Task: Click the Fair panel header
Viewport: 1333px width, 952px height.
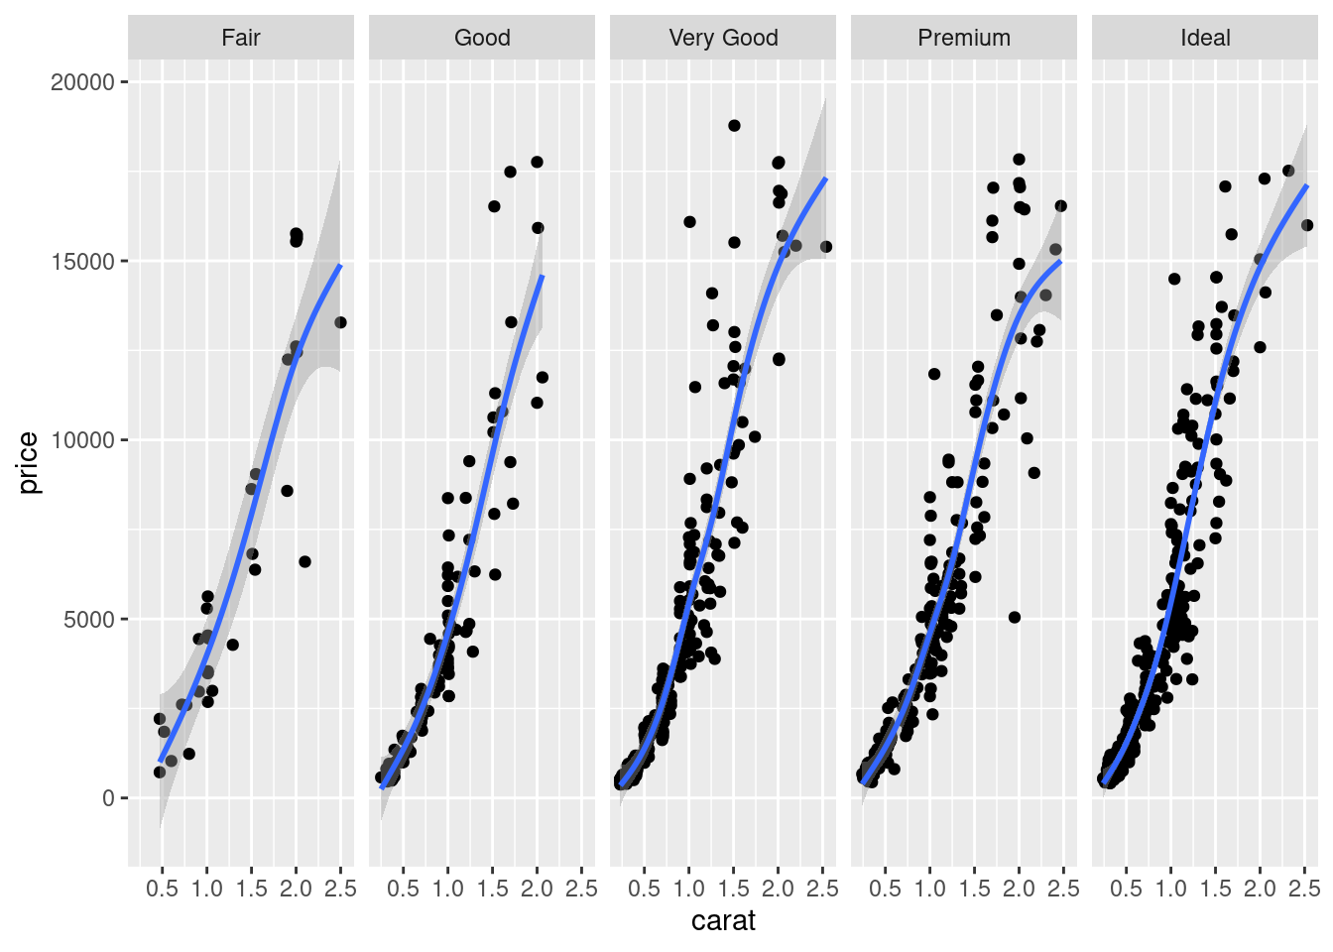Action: [241, 38]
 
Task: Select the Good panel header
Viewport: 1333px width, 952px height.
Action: [482, 38]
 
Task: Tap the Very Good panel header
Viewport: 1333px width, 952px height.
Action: [723, 38]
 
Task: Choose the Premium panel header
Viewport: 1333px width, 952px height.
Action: [964, 38]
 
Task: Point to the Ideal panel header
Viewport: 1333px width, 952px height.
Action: [1205, 38]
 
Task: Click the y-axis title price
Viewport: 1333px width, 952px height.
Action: [28, 463]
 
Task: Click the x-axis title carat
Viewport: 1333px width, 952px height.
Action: [723, 921]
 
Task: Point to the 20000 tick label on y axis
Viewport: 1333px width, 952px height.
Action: [83, 82]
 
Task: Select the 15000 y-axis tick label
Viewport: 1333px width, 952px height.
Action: [83, 262]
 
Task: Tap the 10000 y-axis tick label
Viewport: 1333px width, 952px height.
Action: [83, 440]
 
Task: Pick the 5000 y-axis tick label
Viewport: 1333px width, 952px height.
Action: [89, 620]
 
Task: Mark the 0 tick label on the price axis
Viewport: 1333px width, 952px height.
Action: [109, 798]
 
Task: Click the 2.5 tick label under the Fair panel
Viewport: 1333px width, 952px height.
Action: [340, 889]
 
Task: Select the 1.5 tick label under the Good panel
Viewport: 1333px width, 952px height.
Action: [492, 889]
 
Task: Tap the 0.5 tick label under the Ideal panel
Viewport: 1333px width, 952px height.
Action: [1126, 889]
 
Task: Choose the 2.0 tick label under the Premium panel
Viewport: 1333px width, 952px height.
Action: [1019, 889]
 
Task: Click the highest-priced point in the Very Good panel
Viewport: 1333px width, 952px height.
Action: [734, 126]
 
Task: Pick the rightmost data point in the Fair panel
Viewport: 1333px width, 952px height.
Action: [340, 322]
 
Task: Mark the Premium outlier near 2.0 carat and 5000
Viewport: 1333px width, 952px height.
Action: [1015, 617]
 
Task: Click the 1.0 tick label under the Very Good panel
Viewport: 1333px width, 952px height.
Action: [688, 889]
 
